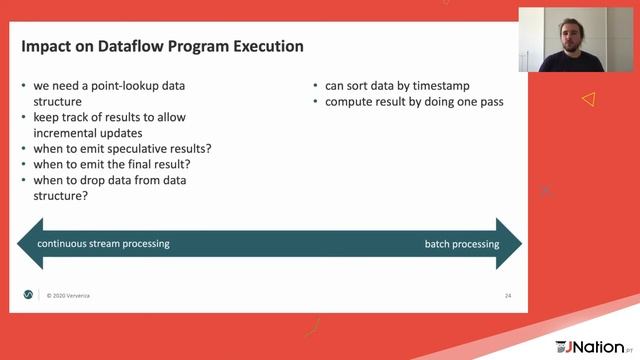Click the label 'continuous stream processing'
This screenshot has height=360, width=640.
pos(103,243)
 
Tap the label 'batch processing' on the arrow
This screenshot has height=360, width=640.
pos(462,243)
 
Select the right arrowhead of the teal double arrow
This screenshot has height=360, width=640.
pos(511,243)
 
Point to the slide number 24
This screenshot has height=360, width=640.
pos(507,296)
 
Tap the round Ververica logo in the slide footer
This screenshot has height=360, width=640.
pos(28,295)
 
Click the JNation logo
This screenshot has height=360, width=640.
pos(596,346)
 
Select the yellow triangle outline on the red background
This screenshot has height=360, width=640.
pos(589,99)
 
